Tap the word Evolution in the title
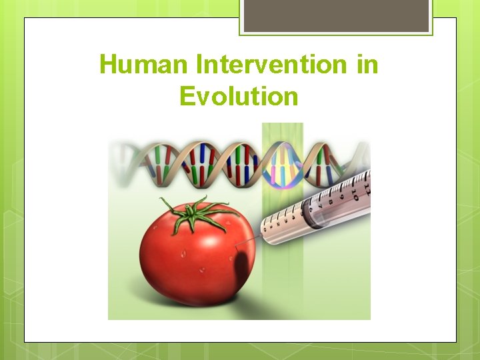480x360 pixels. click(239, 97)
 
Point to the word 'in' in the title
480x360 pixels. click(367, 65)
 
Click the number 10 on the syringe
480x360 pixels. click(355, 197)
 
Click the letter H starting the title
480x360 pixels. click(107, 65)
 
